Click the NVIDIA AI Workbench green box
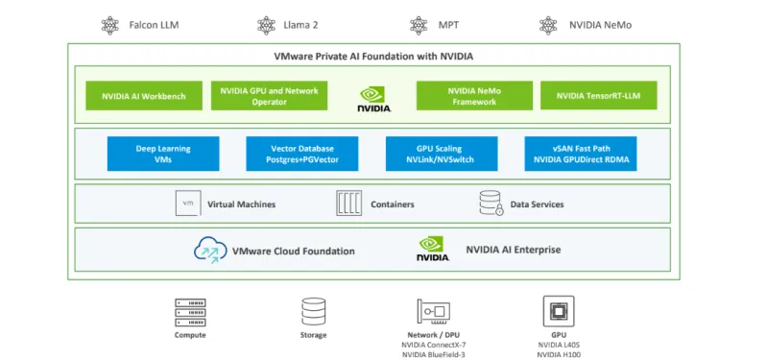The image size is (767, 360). (x=143, y=96)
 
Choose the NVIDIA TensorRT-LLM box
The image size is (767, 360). (x=599, y=96)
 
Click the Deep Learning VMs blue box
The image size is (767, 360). (x=163, y=154)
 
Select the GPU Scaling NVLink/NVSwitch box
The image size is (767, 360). (x=442, y=154)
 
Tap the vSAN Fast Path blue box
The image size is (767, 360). (x=580, y=154)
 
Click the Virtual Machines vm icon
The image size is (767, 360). (x=188, y=204)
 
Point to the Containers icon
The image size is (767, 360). (x=348, y=204)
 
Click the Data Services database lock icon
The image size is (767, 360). (x=491, y=204)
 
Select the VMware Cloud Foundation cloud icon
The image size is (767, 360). (x=208, y=251)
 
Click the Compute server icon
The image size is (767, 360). (x=190, y=312)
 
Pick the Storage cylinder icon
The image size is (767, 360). (x=313, y=311)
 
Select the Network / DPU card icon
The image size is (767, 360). (x=434, y=311)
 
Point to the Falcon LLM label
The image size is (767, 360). (x=155, y=25)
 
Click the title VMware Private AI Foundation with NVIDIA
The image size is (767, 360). (x=373, y=56)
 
